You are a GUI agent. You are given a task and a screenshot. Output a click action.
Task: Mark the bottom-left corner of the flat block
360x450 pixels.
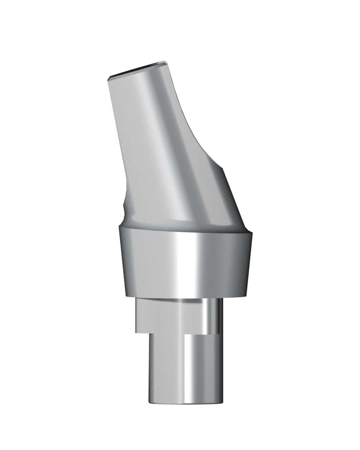click(x=136, y=331)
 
